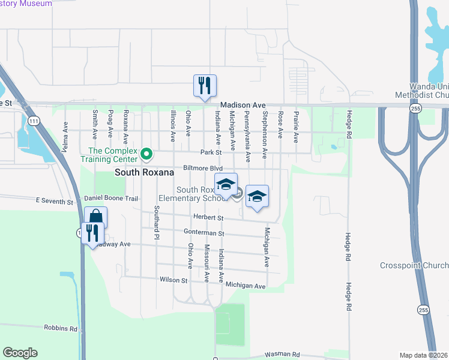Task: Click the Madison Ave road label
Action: point(243,105)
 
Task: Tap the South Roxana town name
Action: point(144,173)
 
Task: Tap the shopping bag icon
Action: point(95,217)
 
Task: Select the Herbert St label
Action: point(208,218)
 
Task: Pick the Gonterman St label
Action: point(204,233)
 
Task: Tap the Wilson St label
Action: point(173,280)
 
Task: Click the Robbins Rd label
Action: point(61,329)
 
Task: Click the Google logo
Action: point(20,353)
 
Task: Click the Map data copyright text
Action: point(423,355)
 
